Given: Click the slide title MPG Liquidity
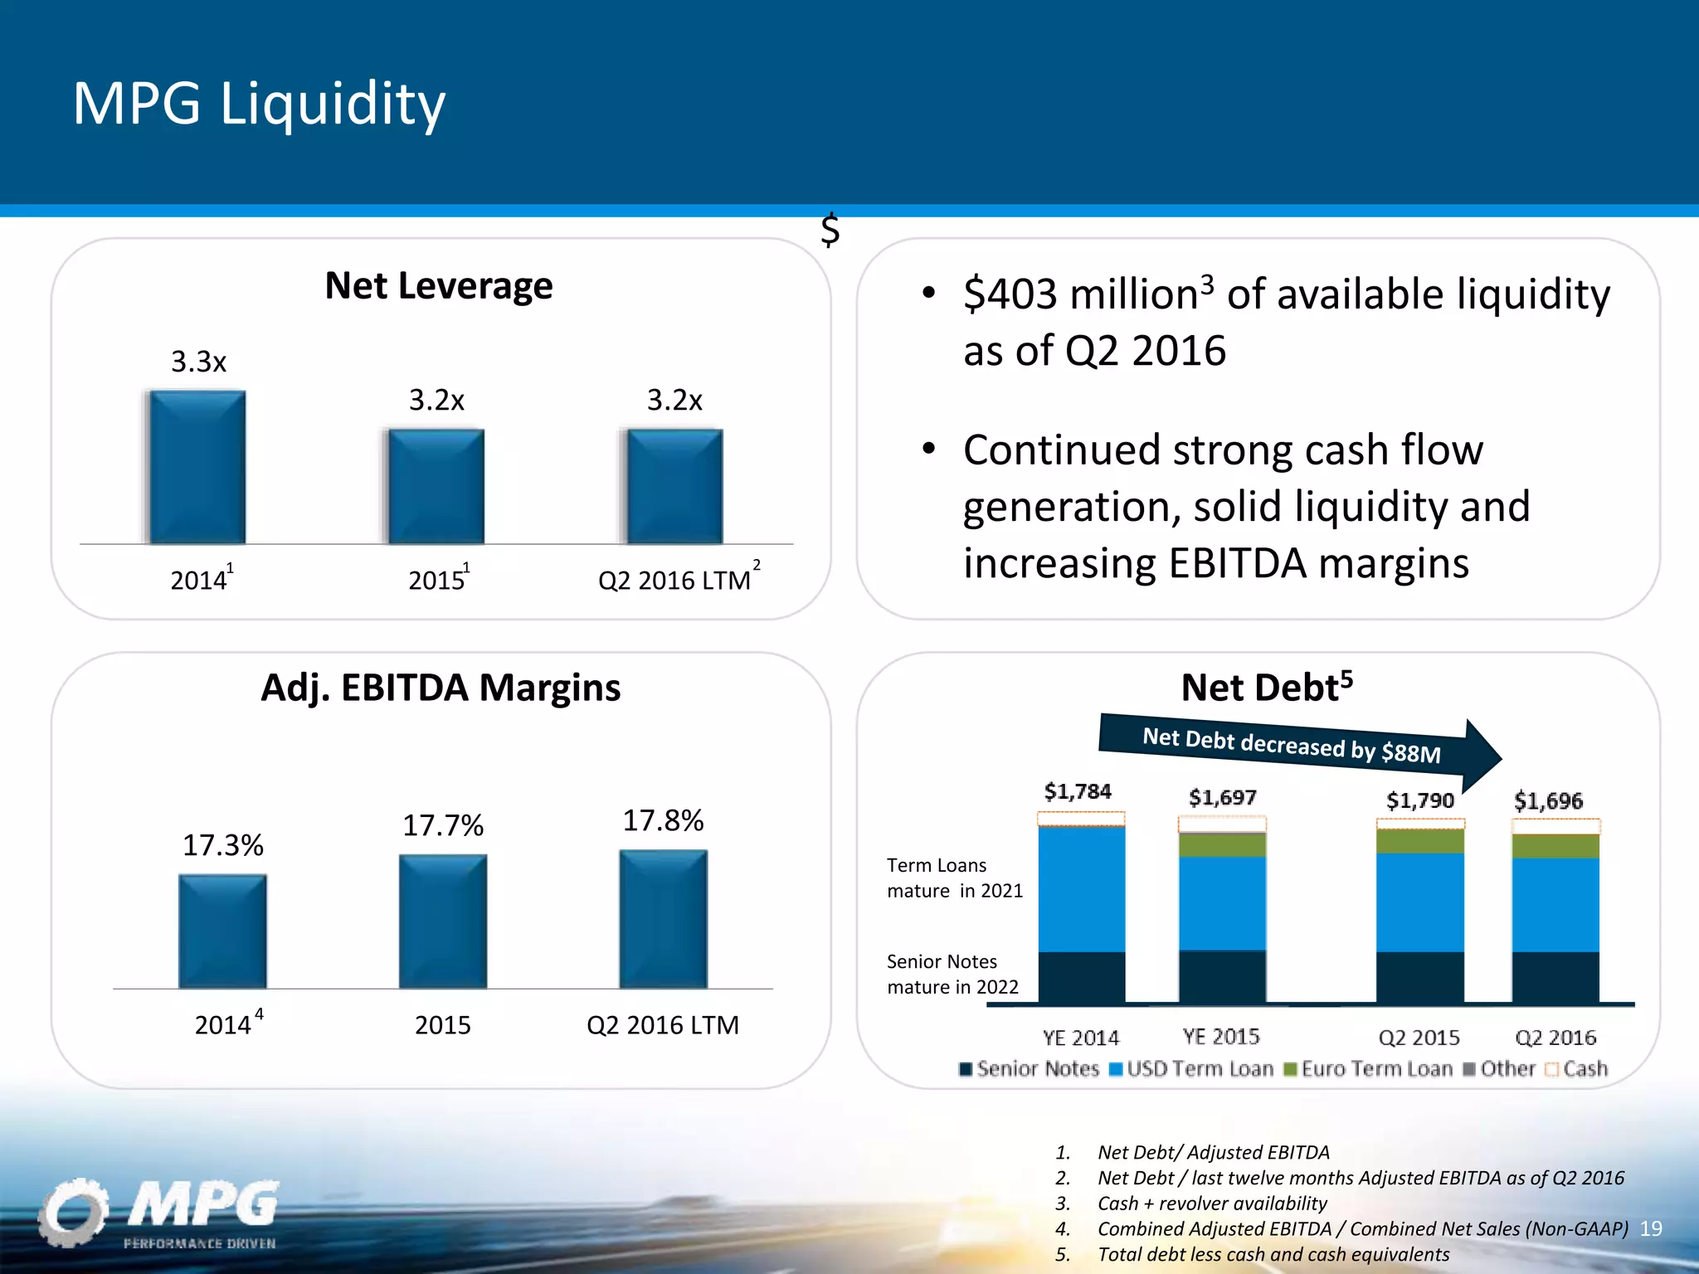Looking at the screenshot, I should (259, 105).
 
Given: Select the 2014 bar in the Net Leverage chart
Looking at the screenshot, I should (197, 467).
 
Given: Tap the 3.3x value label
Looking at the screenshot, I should (198, 362).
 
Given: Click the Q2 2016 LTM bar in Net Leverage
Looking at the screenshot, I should (674, 486).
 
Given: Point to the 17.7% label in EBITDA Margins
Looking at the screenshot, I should (442, 825).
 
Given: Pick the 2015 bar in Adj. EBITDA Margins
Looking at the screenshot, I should (442, 921).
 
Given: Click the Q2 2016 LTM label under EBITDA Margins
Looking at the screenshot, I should (662, 1025).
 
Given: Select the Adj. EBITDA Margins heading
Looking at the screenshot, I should (441, 688).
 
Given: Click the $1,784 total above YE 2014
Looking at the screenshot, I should (1078, 791).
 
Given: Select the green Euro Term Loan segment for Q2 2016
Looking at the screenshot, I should (1555, 846).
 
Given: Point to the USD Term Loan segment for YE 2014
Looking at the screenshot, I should (1081, 889).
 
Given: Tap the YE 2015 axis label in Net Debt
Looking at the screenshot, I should (1220, 1037).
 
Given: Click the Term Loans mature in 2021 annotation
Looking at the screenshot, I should (954, 878).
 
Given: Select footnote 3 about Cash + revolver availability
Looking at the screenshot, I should (1211, 1203).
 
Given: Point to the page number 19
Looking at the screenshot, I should (1651, 1228).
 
